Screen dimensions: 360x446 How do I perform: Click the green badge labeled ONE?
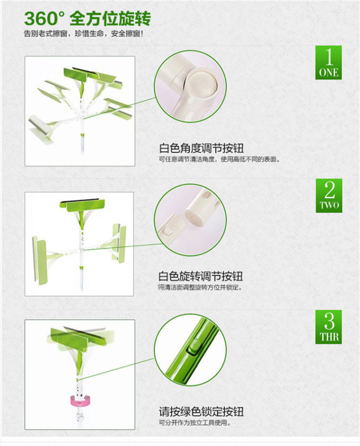point(328,62)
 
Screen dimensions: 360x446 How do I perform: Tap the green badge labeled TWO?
point(329,196)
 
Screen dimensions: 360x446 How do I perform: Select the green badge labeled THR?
point(328,327)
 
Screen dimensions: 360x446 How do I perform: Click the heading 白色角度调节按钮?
point(201,148)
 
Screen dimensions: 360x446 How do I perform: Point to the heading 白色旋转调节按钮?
point(201,276)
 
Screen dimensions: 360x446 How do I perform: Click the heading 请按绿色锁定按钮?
point(201,411)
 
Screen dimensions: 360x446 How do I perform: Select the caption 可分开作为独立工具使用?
point(194,423)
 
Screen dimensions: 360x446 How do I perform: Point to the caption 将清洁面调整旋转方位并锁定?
point(200,288)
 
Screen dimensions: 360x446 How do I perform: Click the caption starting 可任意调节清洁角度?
point(219,159)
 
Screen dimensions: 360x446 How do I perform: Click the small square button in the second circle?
point(167,231)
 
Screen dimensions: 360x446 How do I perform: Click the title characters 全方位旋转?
point(110,19)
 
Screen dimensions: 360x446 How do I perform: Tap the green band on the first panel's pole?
point(83,134)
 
